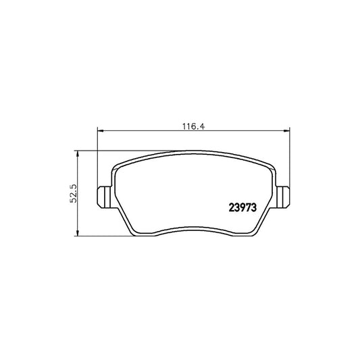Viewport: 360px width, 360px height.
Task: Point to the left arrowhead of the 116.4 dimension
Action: (x=101, y=132)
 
